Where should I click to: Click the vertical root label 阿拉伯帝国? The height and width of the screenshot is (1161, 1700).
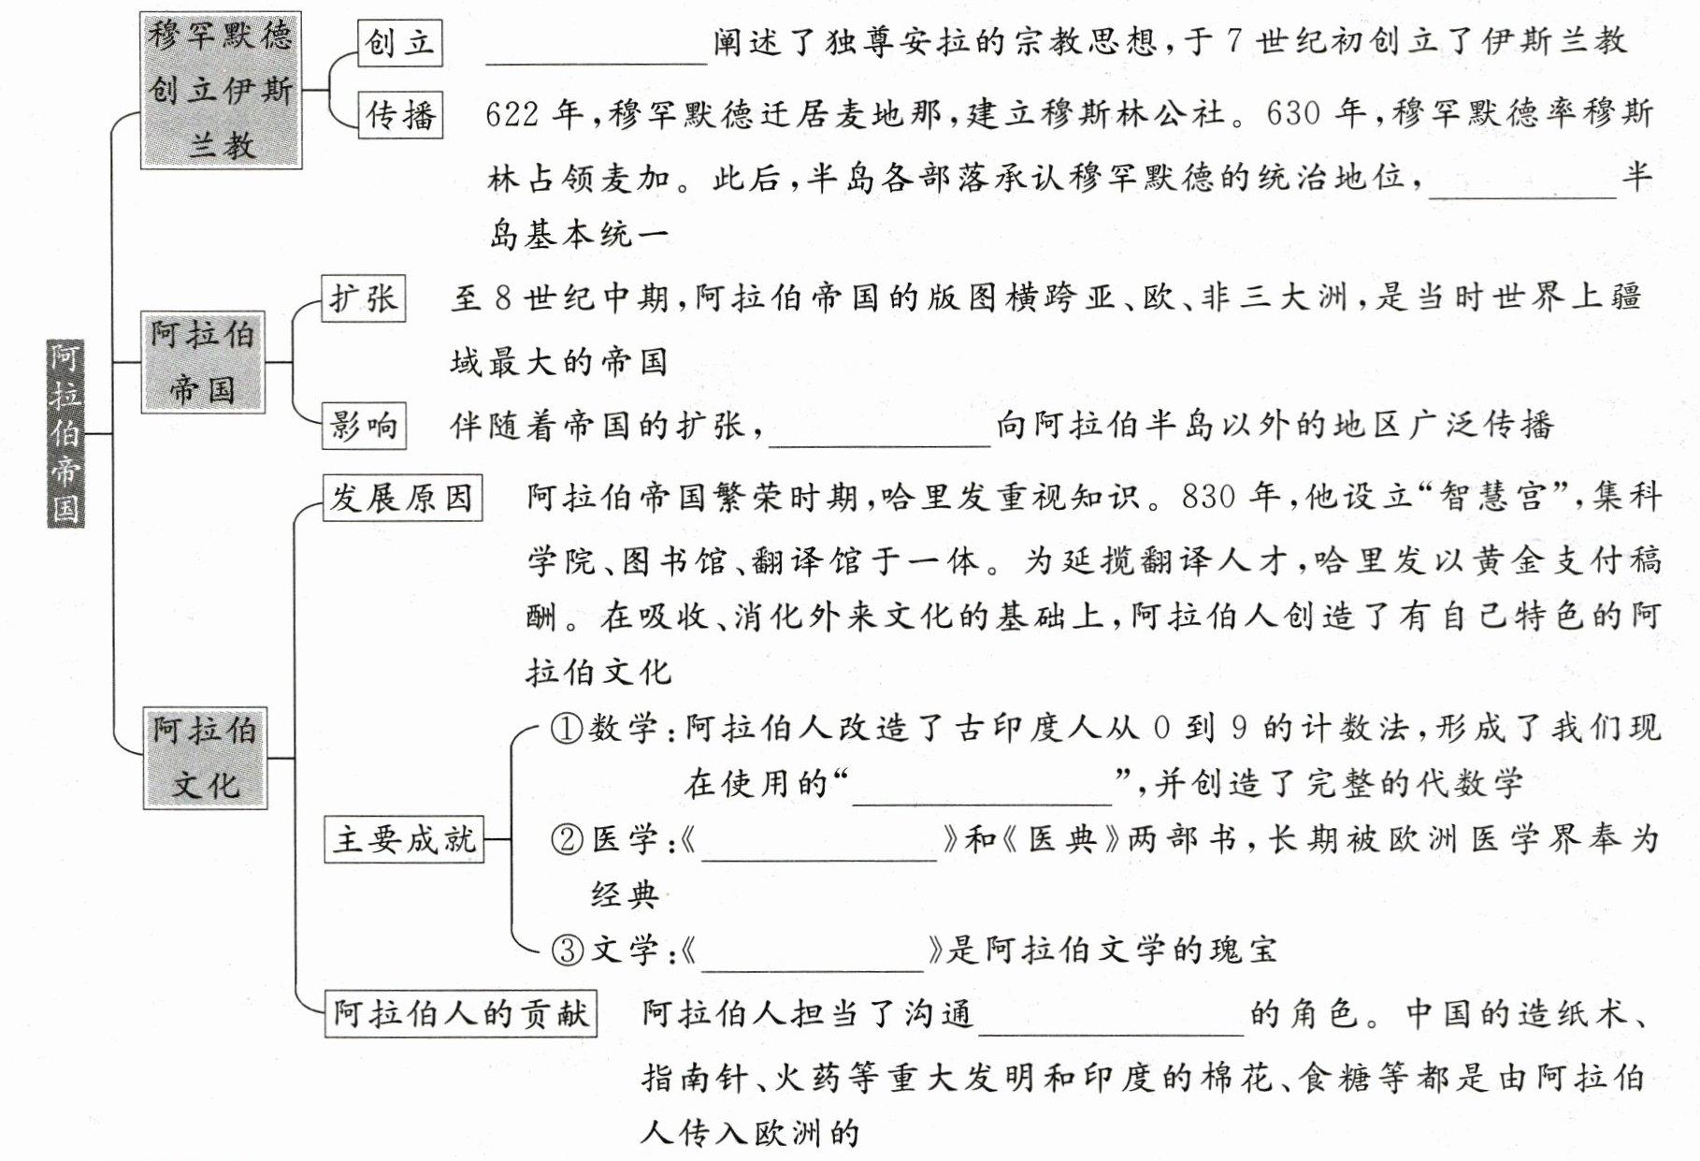tap(65, 434)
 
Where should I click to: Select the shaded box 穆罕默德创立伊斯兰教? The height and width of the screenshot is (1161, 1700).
tap(221, 91)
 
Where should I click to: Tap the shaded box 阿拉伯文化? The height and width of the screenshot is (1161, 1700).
tap(205, 758)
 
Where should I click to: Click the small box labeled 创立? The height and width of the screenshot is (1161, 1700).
tap(400, 43)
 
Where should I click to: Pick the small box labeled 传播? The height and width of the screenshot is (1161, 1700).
tap(400, 116)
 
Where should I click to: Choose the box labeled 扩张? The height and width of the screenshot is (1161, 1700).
tap(363, 298)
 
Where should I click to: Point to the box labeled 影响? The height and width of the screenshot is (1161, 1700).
tap(363, 427)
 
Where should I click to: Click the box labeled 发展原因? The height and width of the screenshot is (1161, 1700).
tap(402, 498)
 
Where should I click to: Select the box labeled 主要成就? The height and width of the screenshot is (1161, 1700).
tap(404, 839)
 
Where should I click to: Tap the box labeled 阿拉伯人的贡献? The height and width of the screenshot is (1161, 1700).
tap(461, 1013)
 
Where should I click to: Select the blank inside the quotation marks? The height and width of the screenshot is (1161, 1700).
tap(982, 789)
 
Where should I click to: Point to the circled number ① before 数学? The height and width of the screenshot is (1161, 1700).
tap(566, 728)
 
